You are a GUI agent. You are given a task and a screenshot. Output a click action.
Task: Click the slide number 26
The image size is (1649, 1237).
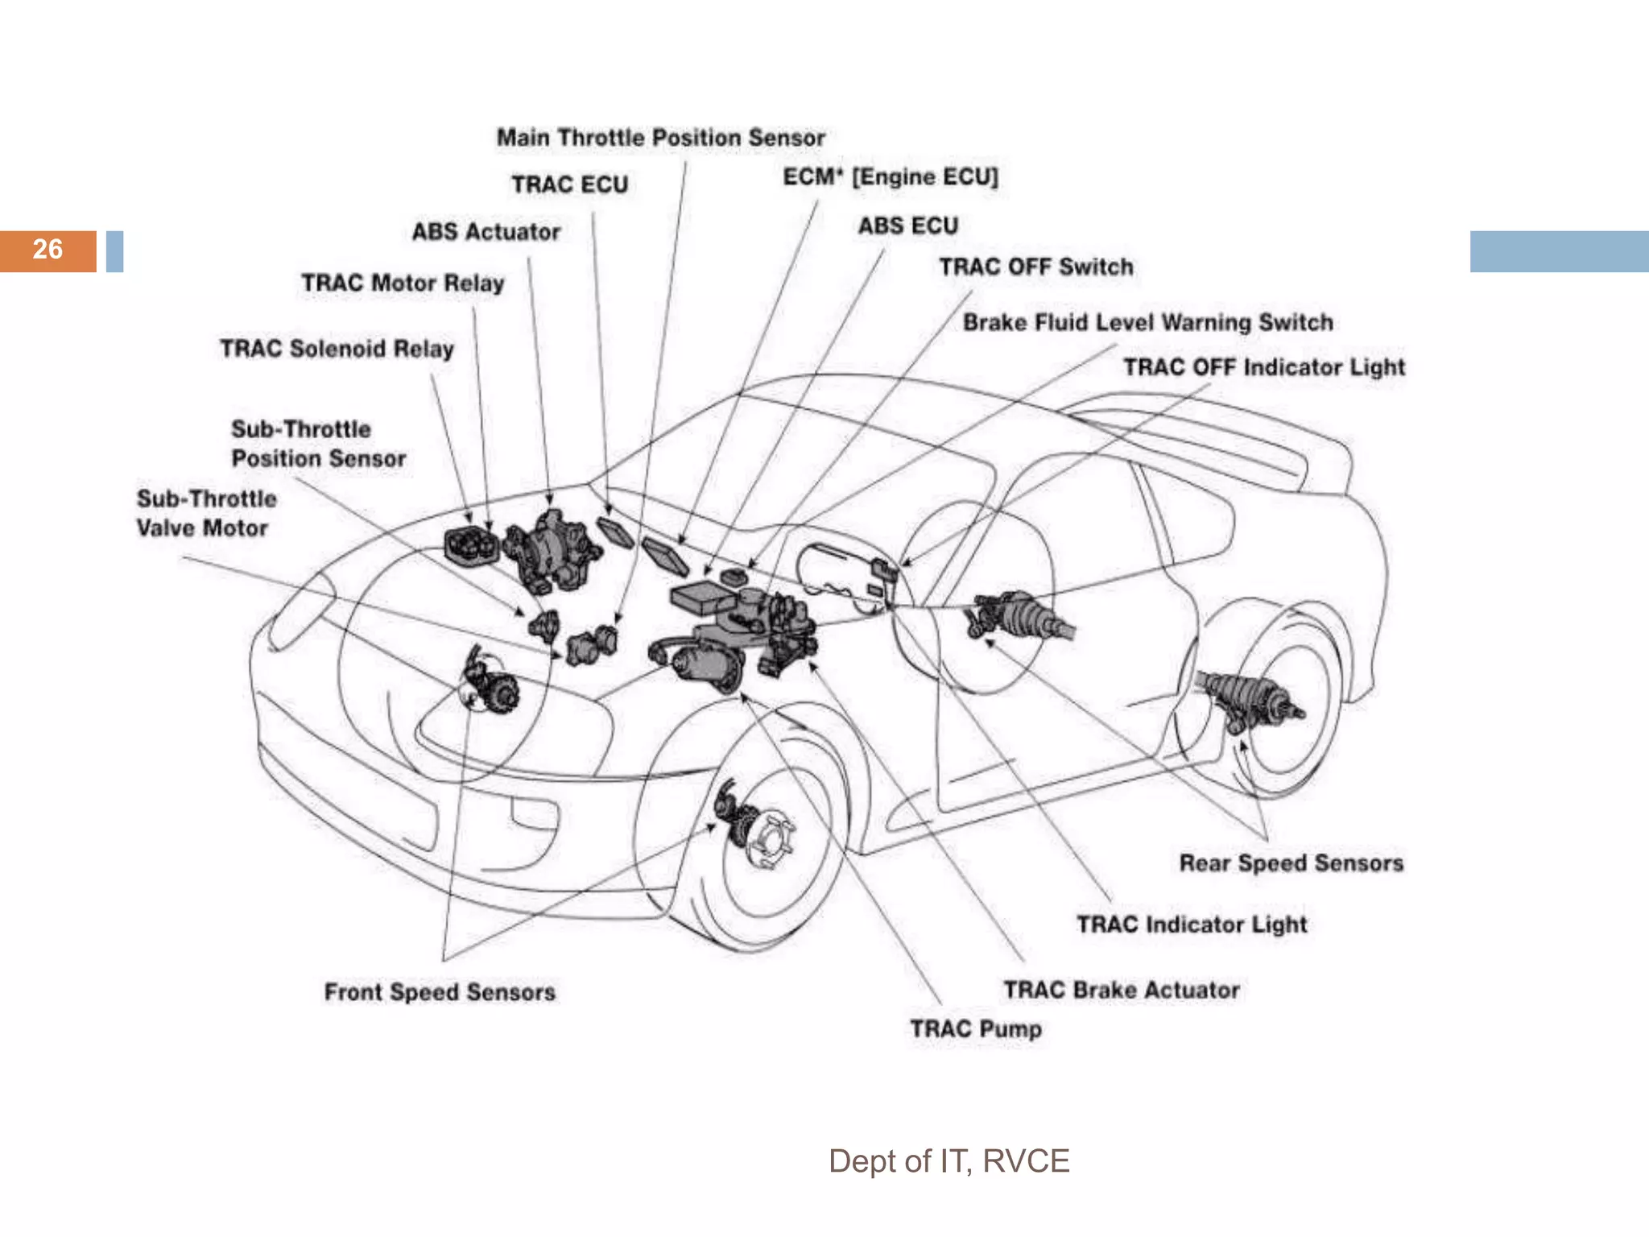click(48, 250)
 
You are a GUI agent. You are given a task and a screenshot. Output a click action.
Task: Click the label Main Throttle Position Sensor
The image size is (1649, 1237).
click(660, 138)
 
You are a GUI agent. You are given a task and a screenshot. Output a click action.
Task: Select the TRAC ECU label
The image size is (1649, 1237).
click(569, 184)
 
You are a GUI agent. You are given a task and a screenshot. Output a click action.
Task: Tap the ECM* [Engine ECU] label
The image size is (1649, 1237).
click(890, 176)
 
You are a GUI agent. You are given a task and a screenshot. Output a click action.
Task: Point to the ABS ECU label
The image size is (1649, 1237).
click(907, 225)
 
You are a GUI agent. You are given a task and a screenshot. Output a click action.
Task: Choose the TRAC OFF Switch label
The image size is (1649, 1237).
click(1035, 267)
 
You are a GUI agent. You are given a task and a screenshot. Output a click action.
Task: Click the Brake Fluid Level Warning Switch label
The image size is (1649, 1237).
click(1147, 322)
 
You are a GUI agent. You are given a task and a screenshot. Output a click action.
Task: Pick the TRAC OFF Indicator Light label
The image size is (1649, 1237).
click(1263, 367)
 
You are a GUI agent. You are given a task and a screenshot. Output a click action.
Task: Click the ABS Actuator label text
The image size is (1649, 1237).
click(486, 232)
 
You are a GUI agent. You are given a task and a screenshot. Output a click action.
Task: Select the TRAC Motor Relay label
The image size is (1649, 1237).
click(403, 283)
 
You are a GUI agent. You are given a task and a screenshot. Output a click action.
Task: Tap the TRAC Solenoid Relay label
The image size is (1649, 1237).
click(337, 349)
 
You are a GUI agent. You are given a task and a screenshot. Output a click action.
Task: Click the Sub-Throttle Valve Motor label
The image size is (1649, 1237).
click(205, 514)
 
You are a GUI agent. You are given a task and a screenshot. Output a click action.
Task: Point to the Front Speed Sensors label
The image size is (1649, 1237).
click(440, 991)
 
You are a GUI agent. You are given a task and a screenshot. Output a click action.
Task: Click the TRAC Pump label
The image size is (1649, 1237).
click(976, 1028)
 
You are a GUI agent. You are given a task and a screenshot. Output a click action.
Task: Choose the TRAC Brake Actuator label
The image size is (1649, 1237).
click(1121, 990)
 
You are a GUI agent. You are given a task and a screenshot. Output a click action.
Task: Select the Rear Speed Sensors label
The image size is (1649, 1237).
click(1291, 863)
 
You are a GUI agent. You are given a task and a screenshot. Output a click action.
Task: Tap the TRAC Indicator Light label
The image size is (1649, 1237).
click(1192, 924)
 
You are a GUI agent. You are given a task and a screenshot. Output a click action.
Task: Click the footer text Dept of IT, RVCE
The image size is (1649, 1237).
click(948, 1160)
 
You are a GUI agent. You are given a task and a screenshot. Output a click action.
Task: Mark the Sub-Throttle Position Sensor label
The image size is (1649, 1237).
click(317, 444)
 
